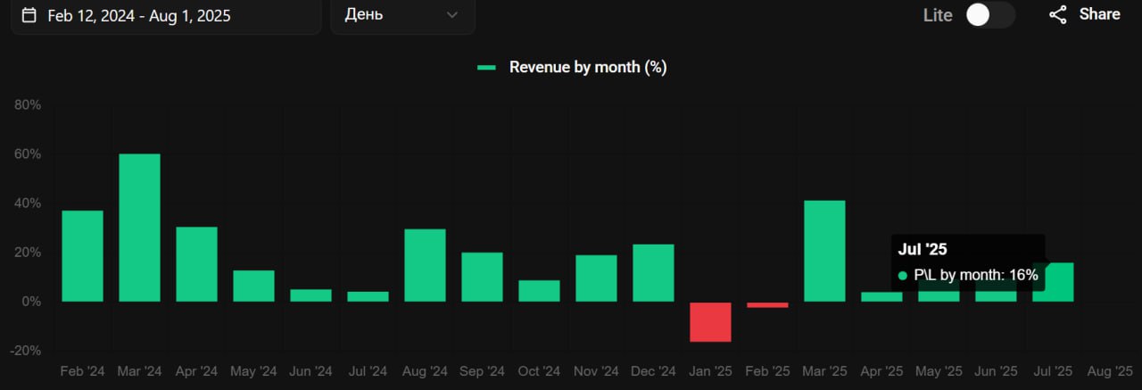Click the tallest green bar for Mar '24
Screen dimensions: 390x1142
point(139,228)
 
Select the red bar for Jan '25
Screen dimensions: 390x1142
point(710,321)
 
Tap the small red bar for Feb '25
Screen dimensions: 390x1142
point(767,305)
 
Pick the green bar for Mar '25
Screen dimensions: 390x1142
point(824,251)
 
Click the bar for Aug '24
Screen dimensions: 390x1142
point(425,265)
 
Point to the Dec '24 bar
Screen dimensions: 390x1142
point(653,272)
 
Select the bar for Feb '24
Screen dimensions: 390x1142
point(82,256)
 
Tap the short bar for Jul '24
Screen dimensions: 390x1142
point(368,296)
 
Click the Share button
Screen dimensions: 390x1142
point(1085,14)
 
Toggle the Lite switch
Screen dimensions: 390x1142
point(990,15)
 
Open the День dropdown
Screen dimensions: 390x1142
point(402,15)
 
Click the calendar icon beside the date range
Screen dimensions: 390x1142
point(29,15)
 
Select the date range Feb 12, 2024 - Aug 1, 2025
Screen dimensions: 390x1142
point(139,15)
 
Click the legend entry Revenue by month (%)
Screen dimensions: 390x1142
point(587,67)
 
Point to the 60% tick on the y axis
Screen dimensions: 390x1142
point(28,154)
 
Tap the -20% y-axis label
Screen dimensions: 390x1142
point(26,351)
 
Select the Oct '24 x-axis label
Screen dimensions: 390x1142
point(539,371)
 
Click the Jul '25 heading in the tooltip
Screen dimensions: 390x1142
point(923,250)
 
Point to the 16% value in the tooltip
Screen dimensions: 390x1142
point(1023,275)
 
